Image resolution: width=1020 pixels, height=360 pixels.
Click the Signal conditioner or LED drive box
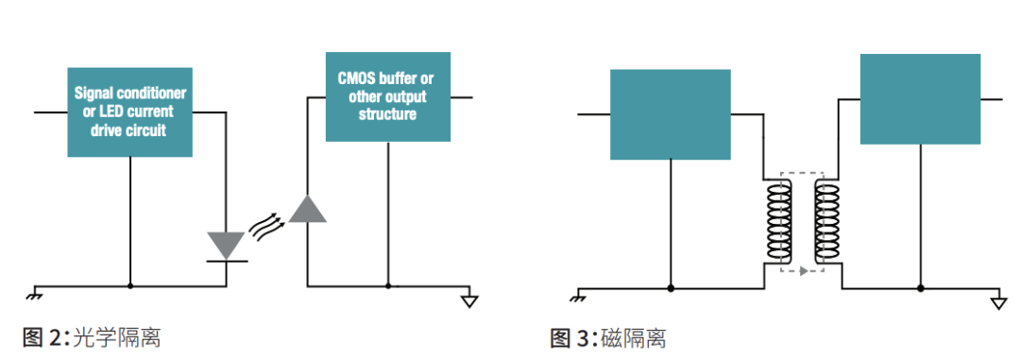pos(130,111)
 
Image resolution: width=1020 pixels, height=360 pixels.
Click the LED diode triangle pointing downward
pos(226,245)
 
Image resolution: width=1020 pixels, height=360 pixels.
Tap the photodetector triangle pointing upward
pos(307,209)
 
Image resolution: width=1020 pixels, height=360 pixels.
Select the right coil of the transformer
pos(827,223)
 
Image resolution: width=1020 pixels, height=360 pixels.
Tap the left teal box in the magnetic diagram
pos(671,113)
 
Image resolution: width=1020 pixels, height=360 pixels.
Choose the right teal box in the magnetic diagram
pos(920,98)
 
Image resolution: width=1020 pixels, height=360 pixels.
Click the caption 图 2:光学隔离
pos(85,337)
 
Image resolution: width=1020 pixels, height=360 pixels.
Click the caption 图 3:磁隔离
pos(608,337)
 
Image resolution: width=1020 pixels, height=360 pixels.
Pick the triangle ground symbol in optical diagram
pos(469,301)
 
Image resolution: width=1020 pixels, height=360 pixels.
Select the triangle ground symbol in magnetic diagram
pos(999,302)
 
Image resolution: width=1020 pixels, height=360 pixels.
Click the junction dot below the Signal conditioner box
pos(130,285)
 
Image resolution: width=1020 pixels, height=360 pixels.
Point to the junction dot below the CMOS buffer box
pos(387,285)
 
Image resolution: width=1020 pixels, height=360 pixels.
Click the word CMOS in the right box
pos(355,79)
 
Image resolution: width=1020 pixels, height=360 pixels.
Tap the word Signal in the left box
pos(94,94)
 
